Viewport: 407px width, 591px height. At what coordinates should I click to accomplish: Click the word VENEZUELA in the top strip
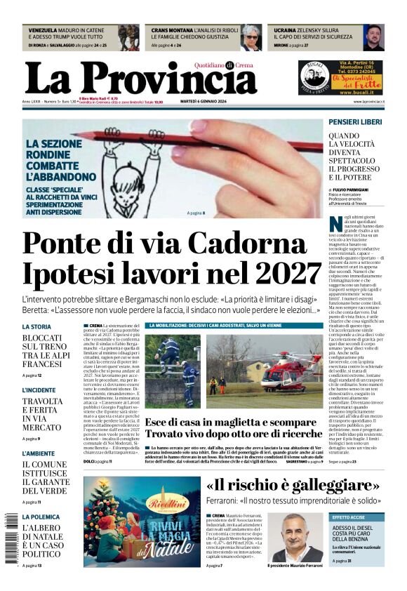click(x=43, y=31)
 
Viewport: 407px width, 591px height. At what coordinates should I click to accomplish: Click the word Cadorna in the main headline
click(x=267, y=243)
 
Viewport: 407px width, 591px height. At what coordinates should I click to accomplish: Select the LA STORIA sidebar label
click(x=36, y=327)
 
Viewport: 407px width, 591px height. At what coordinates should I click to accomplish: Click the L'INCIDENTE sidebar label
click(x=39, y=390)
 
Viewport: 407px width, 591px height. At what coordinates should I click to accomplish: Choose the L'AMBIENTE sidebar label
click(x=38, y=434)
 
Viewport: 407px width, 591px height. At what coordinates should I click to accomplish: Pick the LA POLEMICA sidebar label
click(x=41, y=517)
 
